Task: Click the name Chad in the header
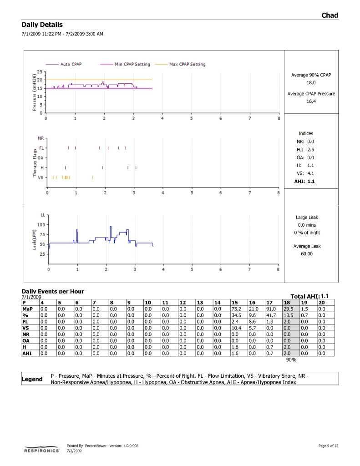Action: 330,15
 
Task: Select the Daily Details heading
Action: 42,25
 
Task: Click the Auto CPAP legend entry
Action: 71,64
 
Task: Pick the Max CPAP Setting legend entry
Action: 187,64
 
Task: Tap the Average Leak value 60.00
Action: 306,254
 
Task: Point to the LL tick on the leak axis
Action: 43,214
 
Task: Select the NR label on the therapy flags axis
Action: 41,138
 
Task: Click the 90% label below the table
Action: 291,360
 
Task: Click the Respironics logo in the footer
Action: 41,449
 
